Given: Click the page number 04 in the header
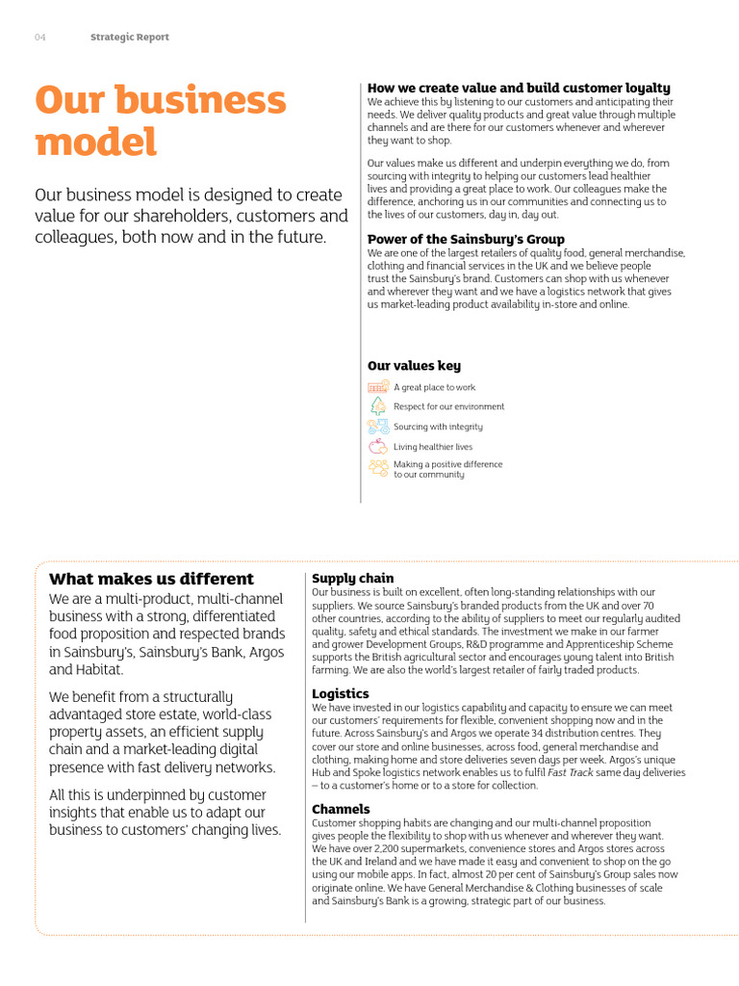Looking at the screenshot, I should point(40,38).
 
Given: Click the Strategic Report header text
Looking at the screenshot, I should point(129,38).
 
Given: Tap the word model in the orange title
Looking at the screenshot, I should point(95,143).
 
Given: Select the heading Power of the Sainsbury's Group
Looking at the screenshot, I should point(466,239).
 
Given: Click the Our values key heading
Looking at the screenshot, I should point(414,366).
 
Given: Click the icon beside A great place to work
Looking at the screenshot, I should point(378,387).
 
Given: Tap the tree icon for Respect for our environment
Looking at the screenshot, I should point(378,406).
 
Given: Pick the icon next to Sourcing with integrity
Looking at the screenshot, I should point(378,427).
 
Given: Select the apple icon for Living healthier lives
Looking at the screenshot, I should point(378,447).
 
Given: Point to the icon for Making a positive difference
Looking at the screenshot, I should point(378,468).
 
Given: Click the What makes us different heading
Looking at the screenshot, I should point(151,579).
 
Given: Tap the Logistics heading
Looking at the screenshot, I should point(341,693).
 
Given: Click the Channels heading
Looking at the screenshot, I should point(341,809).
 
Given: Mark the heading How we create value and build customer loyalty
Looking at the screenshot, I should point(519,88).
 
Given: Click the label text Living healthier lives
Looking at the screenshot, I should point(433,447).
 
